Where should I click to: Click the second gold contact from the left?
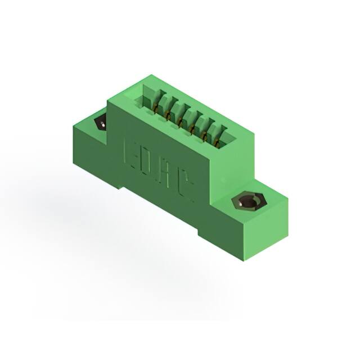pyautogui.click(x=167, y=115)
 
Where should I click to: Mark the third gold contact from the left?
pyautogui.click(x=179, y=122)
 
